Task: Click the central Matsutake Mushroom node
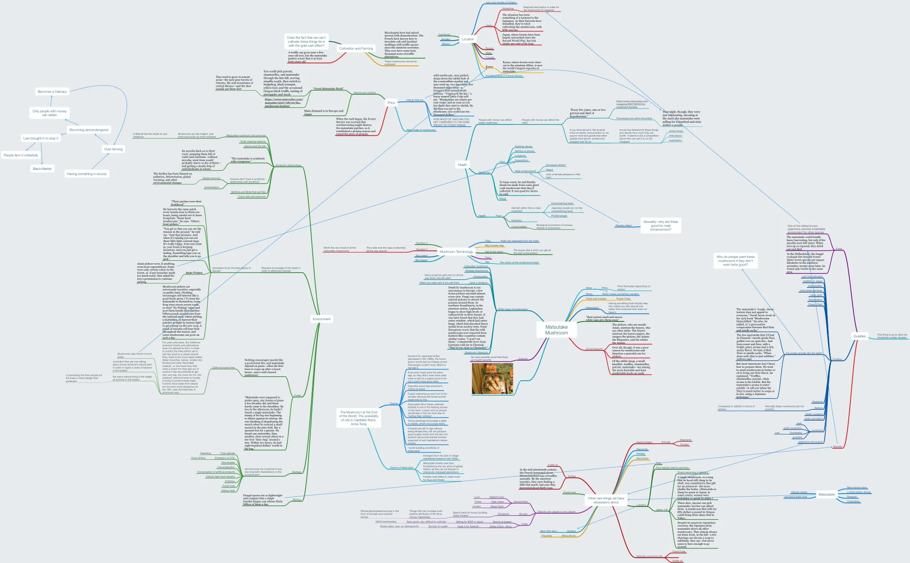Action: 556,330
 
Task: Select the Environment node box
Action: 321,319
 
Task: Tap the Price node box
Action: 391,103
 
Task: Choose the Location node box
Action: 467,39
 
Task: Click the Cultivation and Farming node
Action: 356,48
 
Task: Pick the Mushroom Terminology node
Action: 456,252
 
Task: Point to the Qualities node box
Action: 859,336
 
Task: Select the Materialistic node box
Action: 826,495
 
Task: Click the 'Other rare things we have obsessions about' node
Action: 606,500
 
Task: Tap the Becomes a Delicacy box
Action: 52,92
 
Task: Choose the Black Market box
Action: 42,169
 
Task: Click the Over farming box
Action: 113,149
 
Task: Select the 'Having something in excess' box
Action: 87,174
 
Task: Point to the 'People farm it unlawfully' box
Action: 21,155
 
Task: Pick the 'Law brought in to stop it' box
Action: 40,138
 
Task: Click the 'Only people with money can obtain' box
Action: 49,113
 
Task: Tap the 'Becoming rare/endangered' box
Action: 89,130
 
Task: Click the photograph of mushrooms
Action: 492,378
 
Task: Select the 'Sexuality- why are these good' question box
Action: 661,225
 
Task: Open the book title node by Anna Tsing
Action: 359,418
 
